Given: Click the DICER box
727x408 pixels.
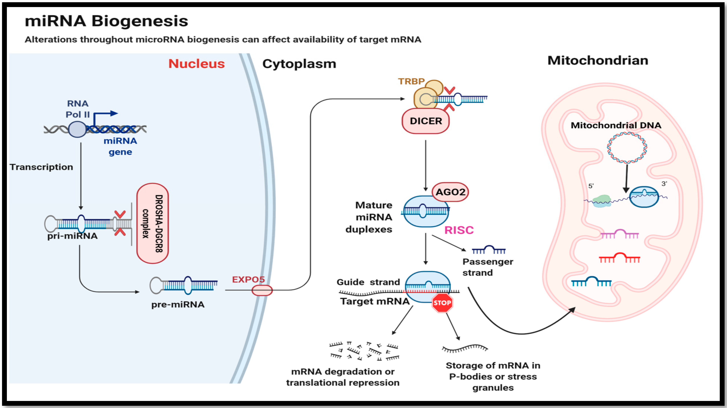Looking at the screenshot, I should [x=426, y=121].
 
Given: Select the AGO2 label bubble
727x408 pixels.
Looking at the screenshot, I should [x=450, y=192].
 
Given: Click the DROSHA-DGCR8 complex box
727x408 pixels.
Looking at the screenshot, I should [x=153, y=223].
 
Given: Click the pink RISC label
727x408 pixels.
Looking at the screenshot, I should [x=459, y=230].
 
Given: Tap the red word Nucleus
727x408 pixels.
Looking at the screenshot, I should [x=196, y=64].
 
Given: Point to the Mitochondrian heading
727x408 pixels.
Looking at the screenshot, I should [x=598, y=60].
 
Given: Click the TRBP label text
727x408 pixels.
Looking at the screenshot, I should [x=411, y=82].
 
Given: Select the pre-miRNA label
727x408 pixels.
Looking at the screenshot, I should [x=178, y=305].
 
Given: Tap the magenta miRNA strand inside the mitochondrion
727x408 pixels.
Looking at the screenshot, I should [x=620, y=234].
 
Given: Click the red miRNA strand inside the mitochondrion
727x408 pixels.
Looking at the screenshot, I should [x=620, y=258].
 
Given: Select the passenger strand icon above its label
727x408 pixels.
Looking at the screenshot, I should [x=489, y=250].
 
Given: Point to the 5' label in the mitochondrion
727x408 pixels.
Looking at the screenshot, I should [x=591, y=186].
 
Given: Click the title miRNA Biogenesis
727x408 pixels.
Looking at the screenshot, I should [x=106, y=21].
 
